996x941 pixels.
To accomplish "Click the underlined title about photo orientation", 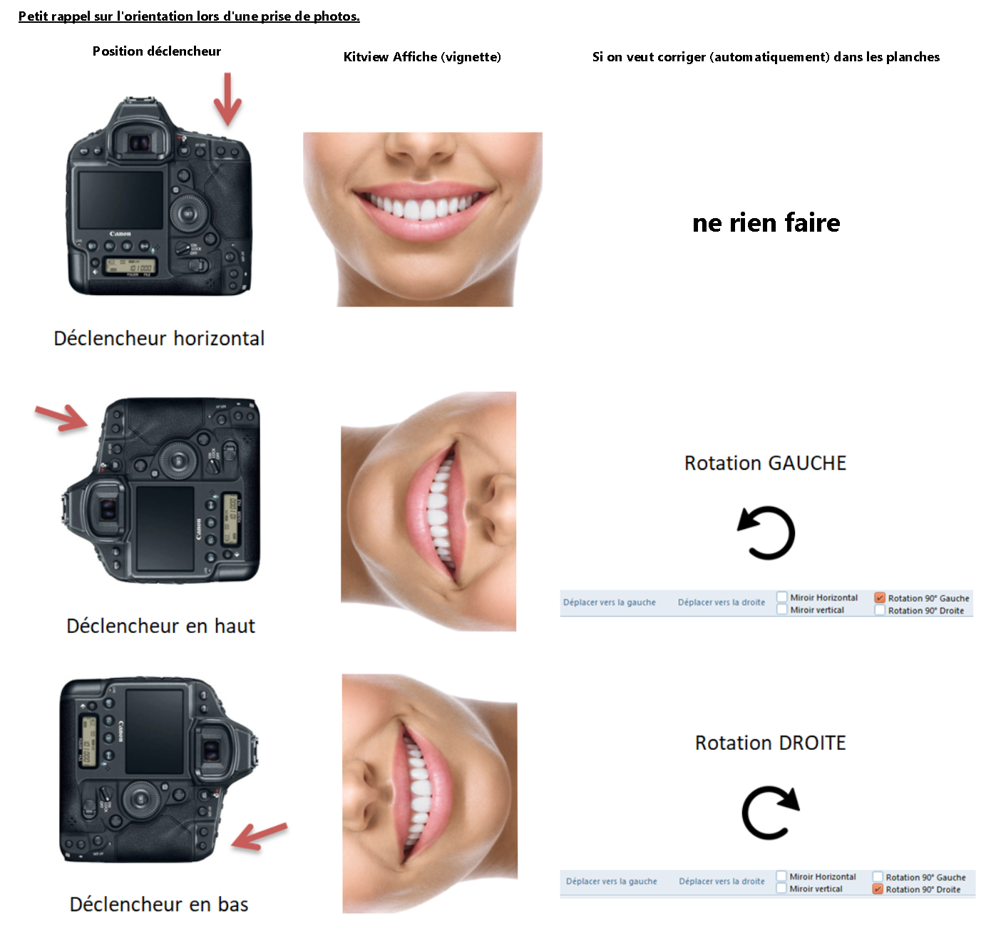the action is [189, 16].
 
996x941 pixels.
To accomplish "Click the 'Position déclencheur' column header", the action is [156, 51].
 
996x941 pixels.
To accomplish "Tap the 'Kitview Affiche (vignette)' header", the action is [422, 57].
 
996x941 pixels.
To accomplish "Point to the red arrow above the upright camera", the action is [227, 99].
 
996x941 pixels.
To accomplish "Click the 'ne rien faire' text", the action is [766, 222].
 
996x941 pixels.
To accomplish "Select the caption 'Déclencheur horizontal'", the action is [159, 339].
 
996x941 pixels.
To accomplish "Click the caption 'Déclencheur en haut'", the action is [160, 626].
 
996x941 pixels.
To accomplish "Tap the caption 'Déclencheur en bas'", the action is [159, 905].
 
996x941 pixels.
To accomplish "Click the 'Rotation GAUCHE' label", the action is [765, 463].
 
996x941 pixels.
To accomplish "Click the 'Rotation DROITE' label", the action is [770, 743].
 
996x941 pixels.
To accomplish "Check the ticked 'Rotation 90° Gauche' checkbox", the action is [880, 597].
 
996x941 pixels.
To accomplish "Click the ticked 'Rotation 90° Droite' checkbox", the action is [878, 890].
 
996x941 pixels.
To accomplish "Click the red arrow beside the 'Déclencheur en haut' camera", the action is [62, 418].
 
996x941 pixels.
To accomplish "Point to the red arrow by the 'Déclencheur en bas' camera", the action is [260, 836].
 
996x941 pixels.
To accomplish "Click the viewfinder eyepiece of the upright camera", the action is [139, 143].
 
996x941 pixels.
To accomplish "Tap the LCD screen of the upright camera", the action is [121, 200].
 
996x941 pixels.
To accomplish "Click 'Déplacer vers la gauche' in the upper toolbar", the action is [610, 602].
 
